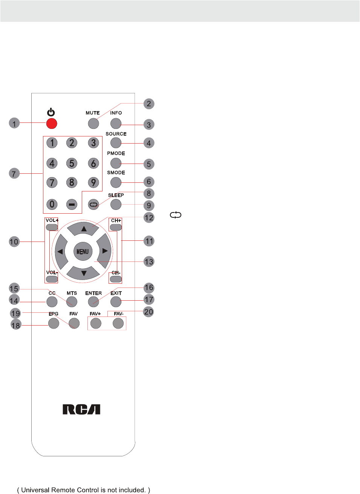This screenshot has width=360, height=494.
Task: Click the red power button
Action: click(52, 123)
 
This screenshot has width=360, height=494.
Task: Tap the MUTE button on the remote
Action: click(93, 123)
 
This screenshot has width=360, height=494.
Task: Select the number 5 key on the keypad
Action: click(72, 163)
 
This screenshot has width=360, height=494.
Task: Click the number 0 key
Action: click(52, 204)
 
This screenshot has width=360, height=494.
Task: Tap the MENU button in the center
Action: click(83, 251)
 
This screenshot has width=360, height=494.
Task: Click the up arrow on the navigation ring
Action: click(84, 229)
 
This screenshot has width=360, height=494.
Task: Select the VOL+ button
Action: click(52, 227)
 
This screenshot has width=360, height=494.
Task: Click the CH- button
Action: click(116, 279)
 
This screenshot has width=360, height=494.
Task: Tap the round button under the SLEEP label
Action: click(116, 204)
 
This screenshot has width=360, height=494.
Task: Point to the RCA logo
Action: click(81, 409)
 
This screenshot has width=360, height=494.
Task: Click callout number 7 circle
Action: click(14, 173)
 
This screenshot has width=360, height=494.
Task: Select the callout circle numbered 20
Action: click(149, 312)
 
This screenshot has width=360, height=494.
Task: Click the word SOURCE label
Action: click(116, 134)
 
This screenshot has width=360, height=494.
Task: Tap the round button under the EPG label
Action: click(54, 323)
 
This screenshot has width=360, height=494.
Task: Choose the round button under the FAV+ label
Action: click(96, 323)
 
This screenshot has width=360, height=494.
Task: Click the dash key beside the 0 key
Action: click(72, 204)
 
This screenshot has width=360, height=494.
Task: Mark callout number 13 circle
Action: click(149, 262)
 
